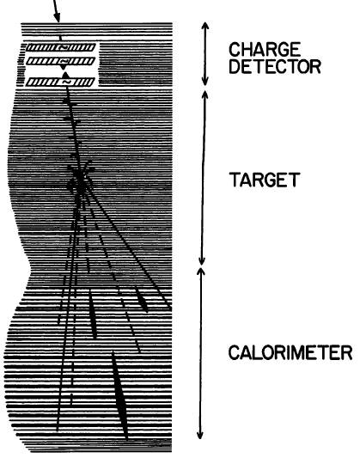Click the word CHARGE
coord(265,49)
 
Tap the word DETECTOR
coord(275,67)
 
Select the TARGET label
coord(265,180)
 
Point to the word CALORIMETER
coord(290,352)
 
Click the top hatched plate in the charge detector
coord(61,47)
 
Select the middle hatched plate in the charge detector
coord(61,61)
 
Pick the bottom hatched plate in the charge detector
coord(60,82)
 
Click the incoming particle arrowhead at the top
coord(58,18)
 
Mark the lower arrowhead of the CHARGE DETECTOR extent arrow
coord(205,82)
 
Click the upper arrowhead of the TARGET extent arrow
coord(205,94)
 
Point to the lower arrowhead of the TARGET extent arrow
coord(201,261)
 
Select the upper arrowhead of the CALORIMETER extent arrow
coord(201,271)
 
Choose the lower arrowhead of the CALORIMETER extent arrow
coord(200,435)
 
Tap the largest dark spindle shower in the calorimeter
coord(119,395)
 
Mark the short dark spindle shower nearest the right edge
coord(141,299)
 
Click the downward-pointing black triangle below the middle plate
coord(63,68)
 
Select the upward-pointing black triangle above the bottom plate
coord(65,75)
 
